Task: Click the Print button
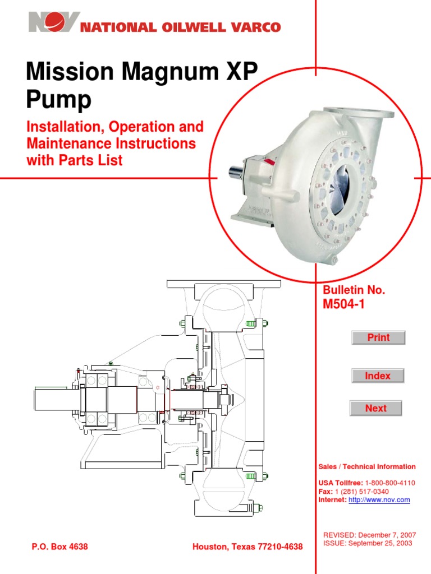(x=378, y=337)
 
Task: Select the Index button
(x=378, y=376)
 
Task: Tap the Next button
(x=375, y=408)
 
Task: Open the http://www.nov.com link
(x=379, y=499)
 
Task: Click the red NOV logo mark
(x=54, y=23)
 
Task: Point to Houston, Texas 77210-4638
(x=247, y=547)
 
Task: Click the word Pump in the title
(x=58, y=101)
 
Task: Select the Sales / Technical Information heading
(x=367, y=466)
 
